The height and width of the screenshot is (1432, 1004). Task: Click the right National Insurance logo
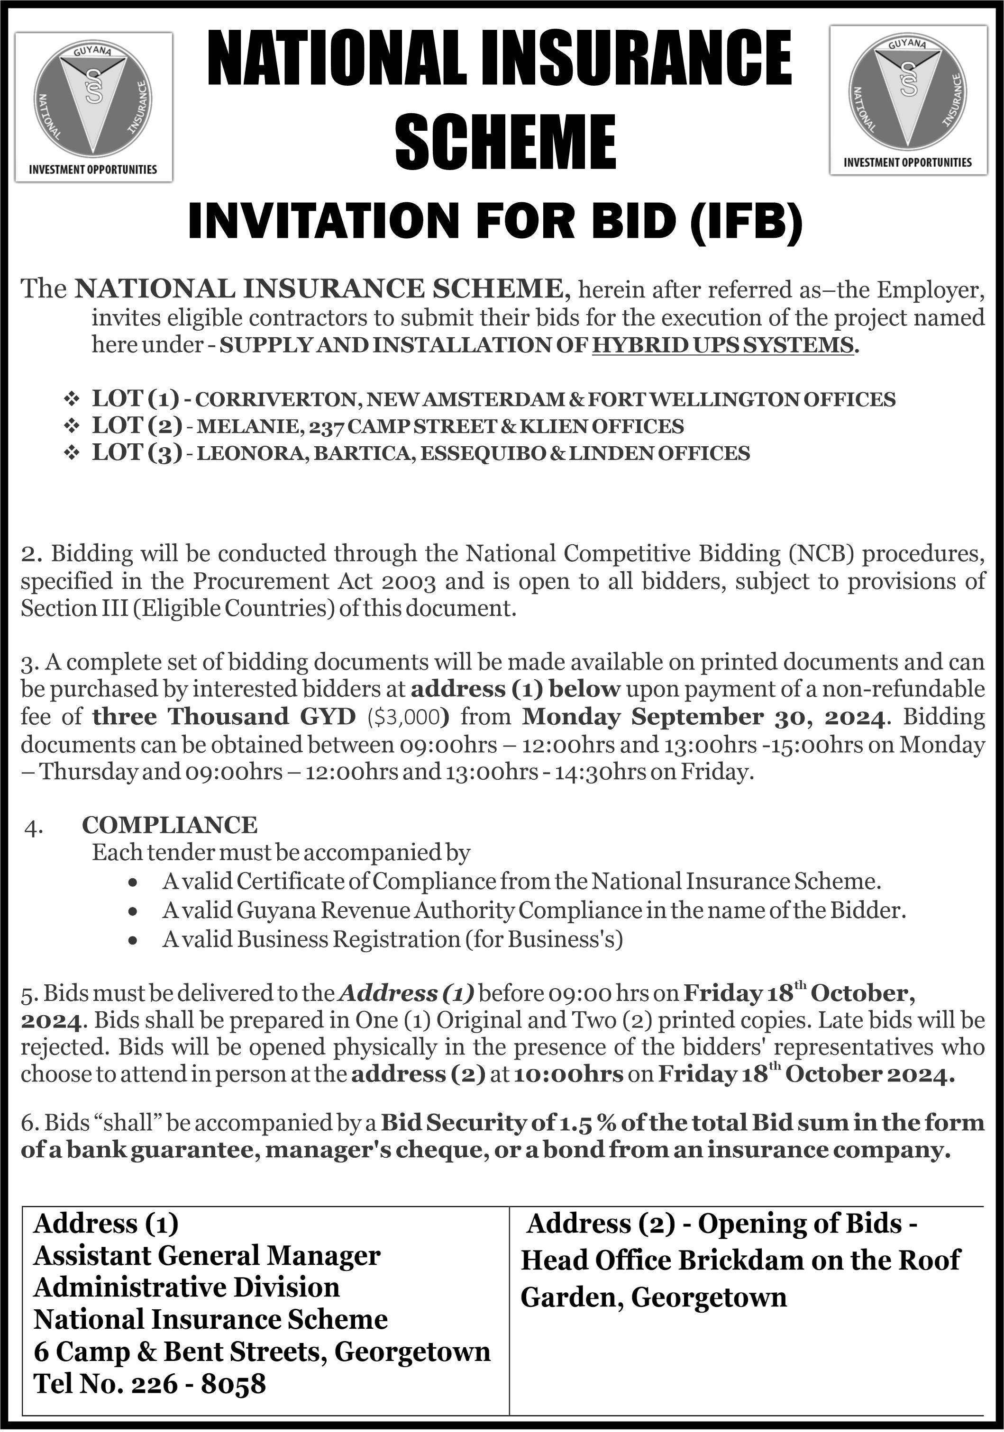pyautogui.click(x=908, y=100)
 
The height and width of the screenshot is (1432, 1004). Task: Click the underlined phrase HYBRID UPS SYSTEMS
pyautogui.click(x=722, y=345)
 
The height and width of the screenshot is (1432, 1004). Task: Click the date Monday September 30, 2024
pyautogui.click(x=702, y=717)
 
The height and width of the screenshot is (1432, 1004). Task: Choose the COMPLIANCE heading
pyautogui.click(x=170, y=825)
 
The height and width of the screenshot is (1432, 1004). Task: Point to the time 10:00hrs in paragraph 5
pyautogui.click(x=567, y=1074)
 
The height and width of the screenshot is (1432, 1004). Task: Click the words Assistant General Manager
pyautogui.click(x=207, y=1255)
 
